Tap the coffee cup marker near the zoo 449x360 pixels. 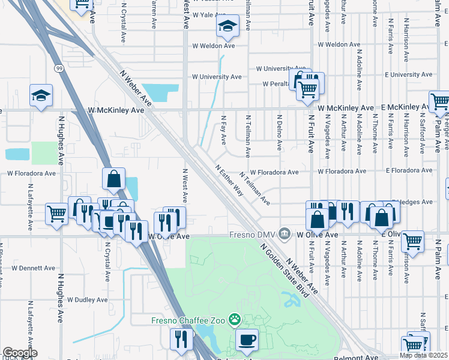246,340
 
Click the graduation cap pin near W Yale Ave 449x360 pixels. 228,26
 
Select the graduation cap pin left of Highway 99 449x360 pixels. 41,95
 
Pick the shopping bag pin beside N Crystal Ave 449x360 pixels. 113,178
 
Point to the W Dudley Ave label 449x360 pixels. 87,299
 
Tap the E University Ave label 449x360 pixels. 411,74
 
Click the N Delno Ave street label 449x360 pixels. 279,133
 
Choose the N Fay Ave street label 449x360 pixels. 223,130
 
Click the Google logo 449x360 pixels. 20,353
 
